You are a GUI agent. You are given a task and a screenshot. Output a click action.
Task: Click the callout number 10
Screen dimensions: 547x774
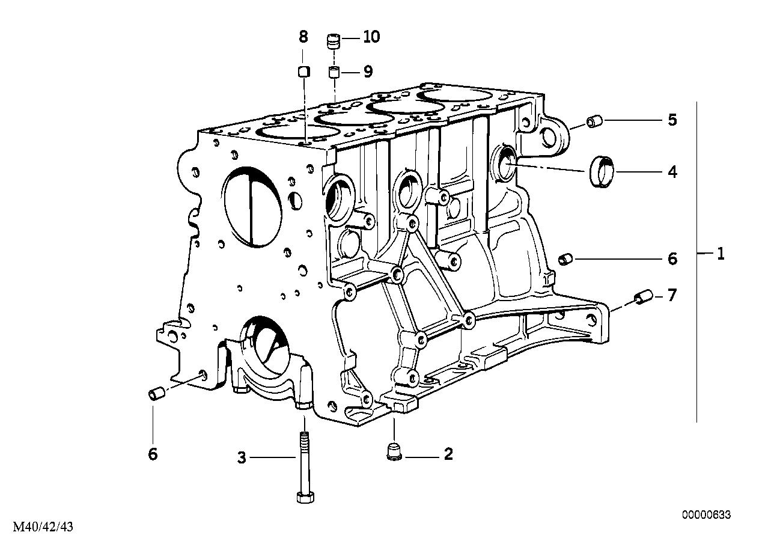click(371, 37)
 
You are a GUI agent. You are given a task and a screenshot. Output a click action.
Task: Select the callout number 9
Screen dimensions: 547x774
click(367, 72)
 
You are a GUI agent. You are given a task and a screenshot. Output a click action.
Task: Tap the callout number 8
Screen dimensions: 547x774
click(303, 37)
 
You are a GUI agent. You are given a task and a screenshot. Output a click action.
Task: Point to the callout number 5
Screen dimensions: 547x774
click(672, 120)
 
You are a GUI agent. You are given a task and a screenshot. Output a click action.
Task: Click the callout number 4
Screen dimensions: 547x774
click(672, 173)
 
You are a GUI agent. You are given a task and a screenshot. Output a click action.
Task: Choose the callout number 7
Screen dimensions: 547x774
click(672, 295)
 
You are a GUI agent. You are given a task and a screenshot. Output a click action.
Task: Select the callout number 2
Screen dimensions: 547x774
click(448, 454)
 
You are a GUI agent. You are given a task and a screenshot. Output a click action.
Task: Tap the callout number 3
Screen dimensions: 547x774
click(242, 459)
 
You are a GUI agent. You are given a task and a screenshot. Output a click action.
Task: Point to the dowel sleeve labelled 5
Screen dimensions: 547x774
click(594, 122)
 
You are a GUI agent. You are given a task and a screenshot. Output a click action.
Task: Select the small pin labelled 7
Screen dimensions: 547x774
click(642, 298)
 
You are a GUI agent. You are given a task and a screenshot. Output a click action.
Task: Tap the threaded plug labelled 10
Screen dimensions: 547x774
click(334, 41)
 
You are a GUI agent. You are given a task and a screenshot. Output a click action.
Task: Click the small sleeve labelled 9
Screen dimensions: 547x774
click(334, 73)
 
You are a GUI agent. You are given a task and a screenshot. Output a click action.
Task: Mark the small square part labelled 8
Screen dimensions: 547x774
click(303, 72)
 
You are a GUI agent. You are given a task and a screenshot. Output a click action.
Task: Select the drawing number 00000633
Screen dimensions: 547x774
click(706, 515)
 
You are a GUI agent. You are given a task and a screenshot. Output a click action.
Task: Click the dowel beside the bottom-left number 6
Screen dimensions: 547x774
click(156, 394)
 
